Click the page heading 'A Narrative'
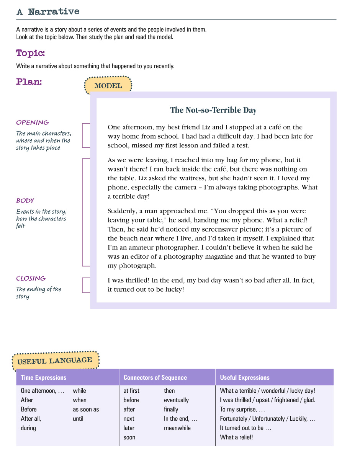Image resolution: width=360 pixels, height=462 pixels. [x=48, y=12]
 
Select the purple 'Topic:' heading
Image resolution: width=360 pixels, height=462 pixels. [x=31, y=53]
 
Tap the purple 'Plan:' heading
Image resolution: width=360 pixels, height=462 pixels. [x=29, y=82]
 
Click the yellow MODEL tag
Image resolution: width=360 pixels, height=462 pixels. [x=108, y=86]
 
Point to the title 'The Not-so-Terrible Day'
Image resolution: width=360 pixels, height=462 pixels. [x=213, y=110]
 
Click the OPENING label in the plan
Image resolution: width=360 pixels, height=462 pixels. [x=33, y=122]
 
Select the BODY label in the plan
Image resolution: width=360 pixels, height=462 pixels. [x=25, y=201]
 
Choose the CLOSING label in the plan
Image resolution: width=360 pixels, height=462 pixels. [x=31, y=278]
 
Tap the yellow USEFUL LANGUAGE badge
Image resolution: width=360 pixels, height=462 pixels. [x=55, y=360]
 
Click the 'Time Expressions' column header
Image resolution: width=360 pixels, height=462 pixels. [x=44, y=377]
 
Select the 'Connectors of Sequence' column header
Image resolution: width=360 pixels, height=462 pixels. [x=155, y=377]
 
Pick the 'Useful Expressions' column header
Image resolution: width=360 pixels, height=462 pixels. [x=245, y=377]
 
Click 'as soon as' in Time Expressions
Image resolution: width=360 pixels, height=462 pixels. [x=86, y=410]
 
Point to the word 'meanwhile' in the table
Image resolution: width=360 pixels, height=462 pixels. [x=177, y=428]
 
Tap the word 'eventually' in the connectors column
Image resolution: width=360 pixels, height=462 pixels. [x=176, y=400]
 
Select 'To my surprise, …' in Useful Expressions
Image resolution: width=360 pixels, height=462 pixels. [x=242, y=410]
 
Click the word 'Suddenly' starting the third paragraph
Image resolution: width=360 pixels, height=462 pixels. [x=120, y=211]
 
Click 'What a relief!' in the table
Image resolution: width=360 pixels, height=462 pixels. [x=236, y=437]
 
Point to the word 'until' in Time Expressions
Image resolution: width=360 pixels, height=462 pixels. [x=78, y=419]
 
